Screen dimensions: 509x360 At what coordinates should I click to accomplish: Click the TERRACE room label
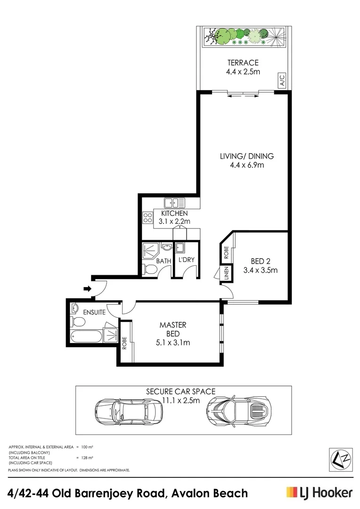243,63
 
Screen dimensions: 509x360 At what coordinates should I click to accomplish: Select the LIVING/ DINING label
246,156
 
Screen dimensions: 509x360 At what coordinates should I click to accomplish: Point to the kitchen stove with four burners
148,218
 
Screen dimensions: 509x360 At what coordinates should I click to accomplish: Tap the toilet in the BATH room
149,269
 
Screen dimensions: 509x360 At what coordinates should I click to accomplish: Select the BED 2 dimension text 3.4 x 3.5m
260,270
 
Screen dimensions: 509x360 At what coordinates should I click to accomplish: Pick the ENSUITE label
95,312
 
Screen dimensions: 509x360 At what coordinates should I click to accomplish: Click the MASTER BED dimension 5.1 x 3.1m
172,343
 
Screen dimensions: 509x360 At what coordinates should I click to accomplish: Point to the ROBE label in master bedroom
125,343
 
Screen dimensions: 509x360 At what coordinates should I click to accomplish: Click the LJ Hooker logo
319,493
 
